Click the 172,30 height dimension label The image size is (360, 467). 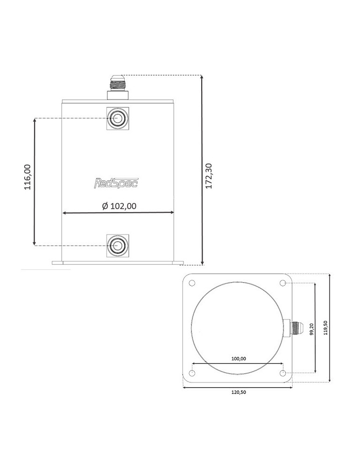click(x=209, y=176)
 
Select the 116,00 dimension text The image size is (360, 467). click(x=28, y=177)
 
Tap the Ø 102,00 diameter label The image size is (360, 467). click(x=119, y=206)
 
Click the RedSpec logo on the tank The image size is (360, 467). click(x=116, y=183)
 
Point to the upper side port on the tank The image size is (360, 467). click(x=118, y=119)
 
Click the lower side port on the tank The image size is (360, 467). click(x=118, y=246)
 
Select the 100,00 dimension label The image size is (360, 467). click(x=239, y=359)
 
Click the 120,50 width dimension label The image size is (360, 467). click(x=239, y=392)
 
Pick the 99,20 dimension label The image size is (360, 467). click(x=311, y=329)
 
